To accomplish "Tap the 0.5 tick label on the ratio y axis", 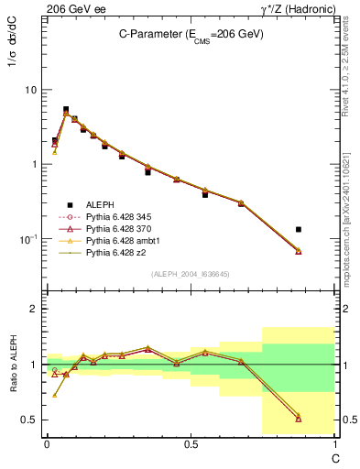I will (x=29, y=420).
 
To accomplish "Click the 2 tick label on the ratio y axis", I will (x=34, y=309).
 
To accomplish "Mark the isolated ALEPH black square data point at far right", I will (x=299, y=229).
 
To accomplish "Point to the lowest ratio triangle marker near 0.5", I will (x=299, y=420).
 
